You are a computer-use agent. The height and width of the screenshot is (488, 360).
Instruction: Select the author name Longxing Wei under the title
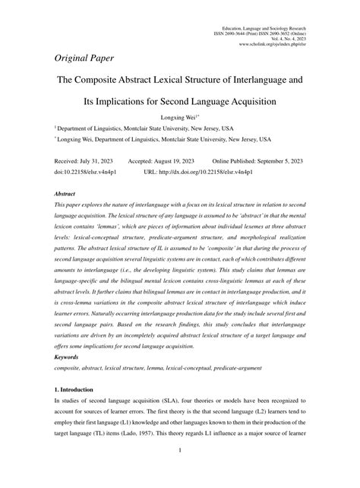click(x=179, y=117)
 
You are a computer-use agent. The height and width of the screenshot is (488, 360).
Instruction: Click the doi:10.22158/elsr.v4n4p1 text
click(x=84, y=172)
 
